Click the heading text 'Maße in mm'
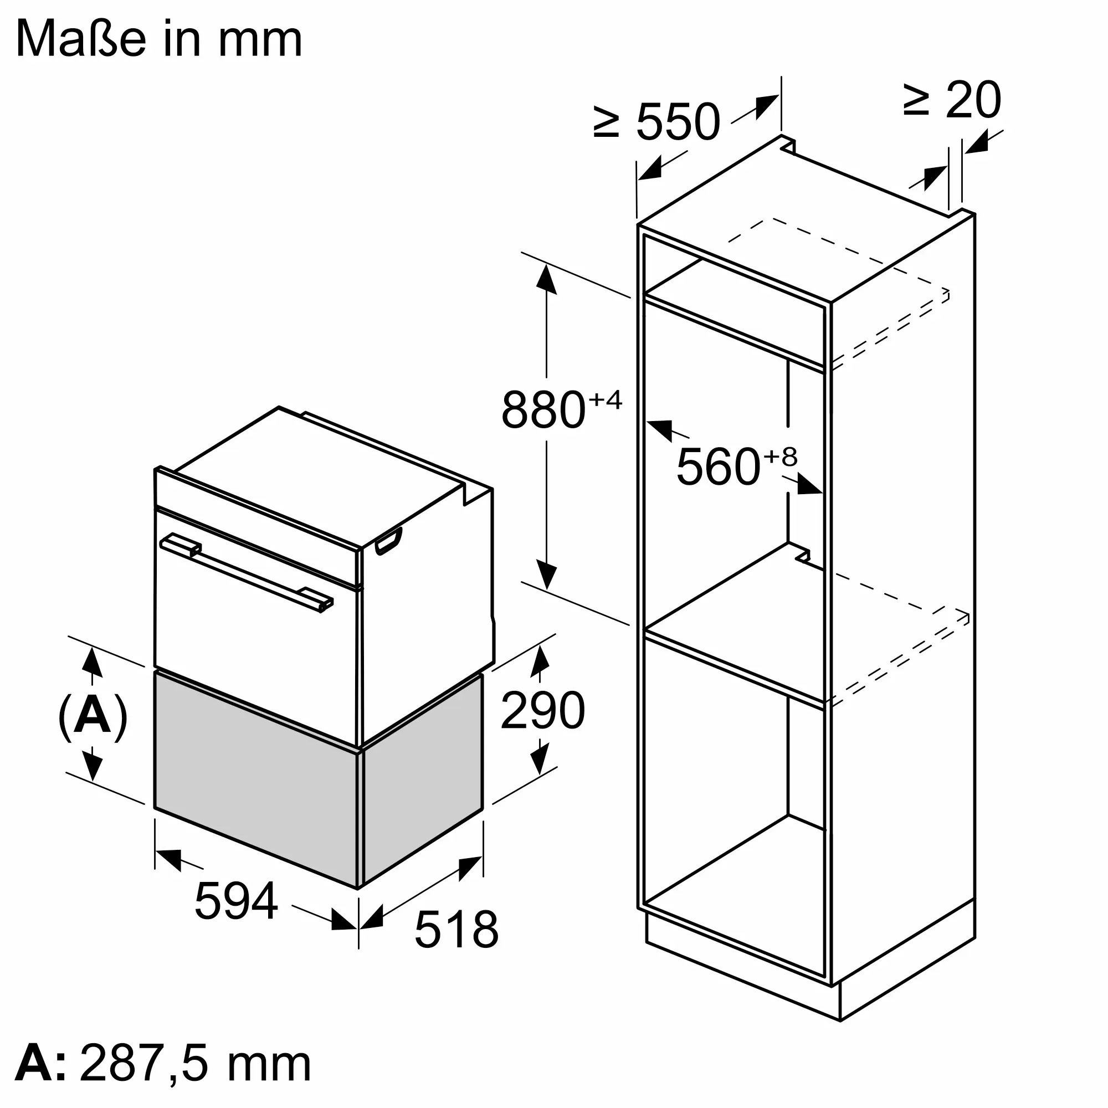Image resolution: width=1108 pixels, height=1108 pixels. [160, 39]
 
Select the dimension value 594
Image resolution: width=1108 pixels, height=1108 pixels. [237, 901]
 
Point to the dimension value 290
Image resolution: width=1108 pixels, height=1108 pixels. [542, 711]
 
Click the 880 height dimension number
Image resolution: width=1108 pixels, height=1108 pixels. [543, 409]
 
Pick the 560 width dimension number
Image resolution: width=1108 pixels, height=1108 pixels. [719, 466]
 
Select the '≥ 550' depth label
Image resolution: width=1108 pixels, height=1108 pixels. [656, 121]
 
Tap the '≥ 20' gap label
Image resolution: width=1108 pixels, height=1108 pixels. [952, 100]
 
